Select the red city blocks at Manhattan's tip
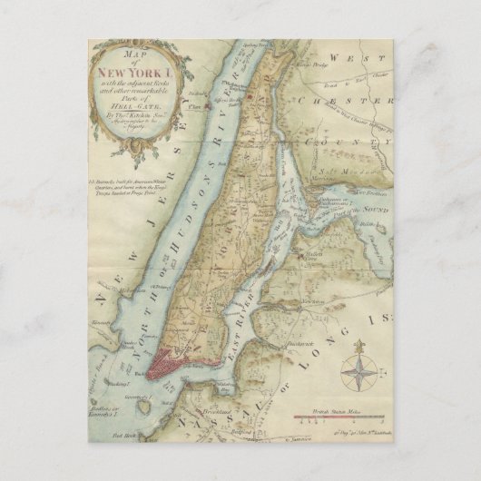[x=167, y=364]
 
